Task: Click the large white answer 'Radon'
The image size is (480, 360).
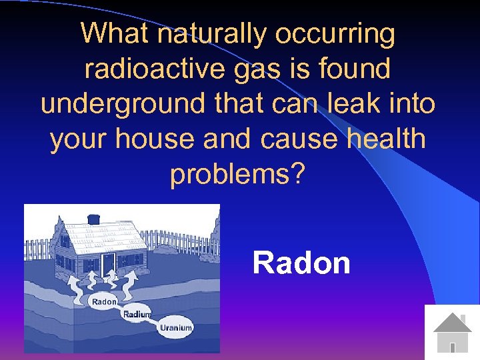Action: tap(301, 263)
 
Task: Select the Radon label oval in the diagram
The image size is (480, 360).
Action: tap(104, 301)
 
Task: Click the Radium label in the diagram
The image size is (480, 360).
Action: tap(137, 314)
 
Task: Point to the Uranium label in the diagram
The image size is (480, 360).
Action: tap(176, 327)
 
